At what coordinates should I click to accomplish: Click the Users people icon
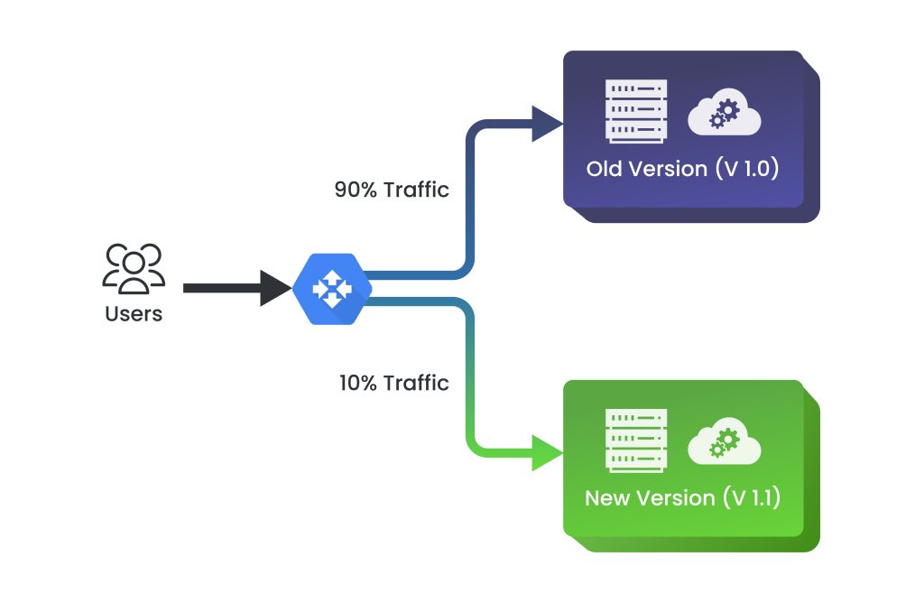(134, 268)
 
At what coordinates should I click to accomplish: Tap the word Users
(134, 315)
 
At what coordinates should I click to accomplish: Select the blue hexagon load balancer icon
(331, 288)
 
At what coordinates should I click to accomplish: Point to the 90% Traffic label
(392, 190)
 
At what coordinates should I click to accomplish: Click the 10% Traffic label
(393, 383)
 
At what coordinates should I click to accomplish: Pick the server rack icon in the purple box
(637, 111)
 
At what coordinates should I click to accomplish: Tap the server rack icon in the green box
(637, 441)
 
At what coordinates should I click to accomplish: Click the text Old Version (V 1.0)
(682, 169)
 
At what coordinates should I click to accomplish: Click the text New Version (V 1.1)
(682, 498)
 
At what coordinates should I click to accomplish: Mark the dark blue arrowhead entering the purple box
(547, 124)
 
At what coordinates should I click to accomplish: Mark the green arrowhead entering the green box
(547, 453)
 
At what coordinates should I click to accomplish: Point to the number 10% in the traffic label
(357, 383)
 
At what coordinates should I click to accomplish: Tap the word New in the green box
(606, 498)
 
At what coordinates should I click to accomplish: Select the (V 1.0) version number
(747, 169)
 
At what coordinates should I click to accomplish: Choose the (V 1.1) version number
(749, 498)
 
